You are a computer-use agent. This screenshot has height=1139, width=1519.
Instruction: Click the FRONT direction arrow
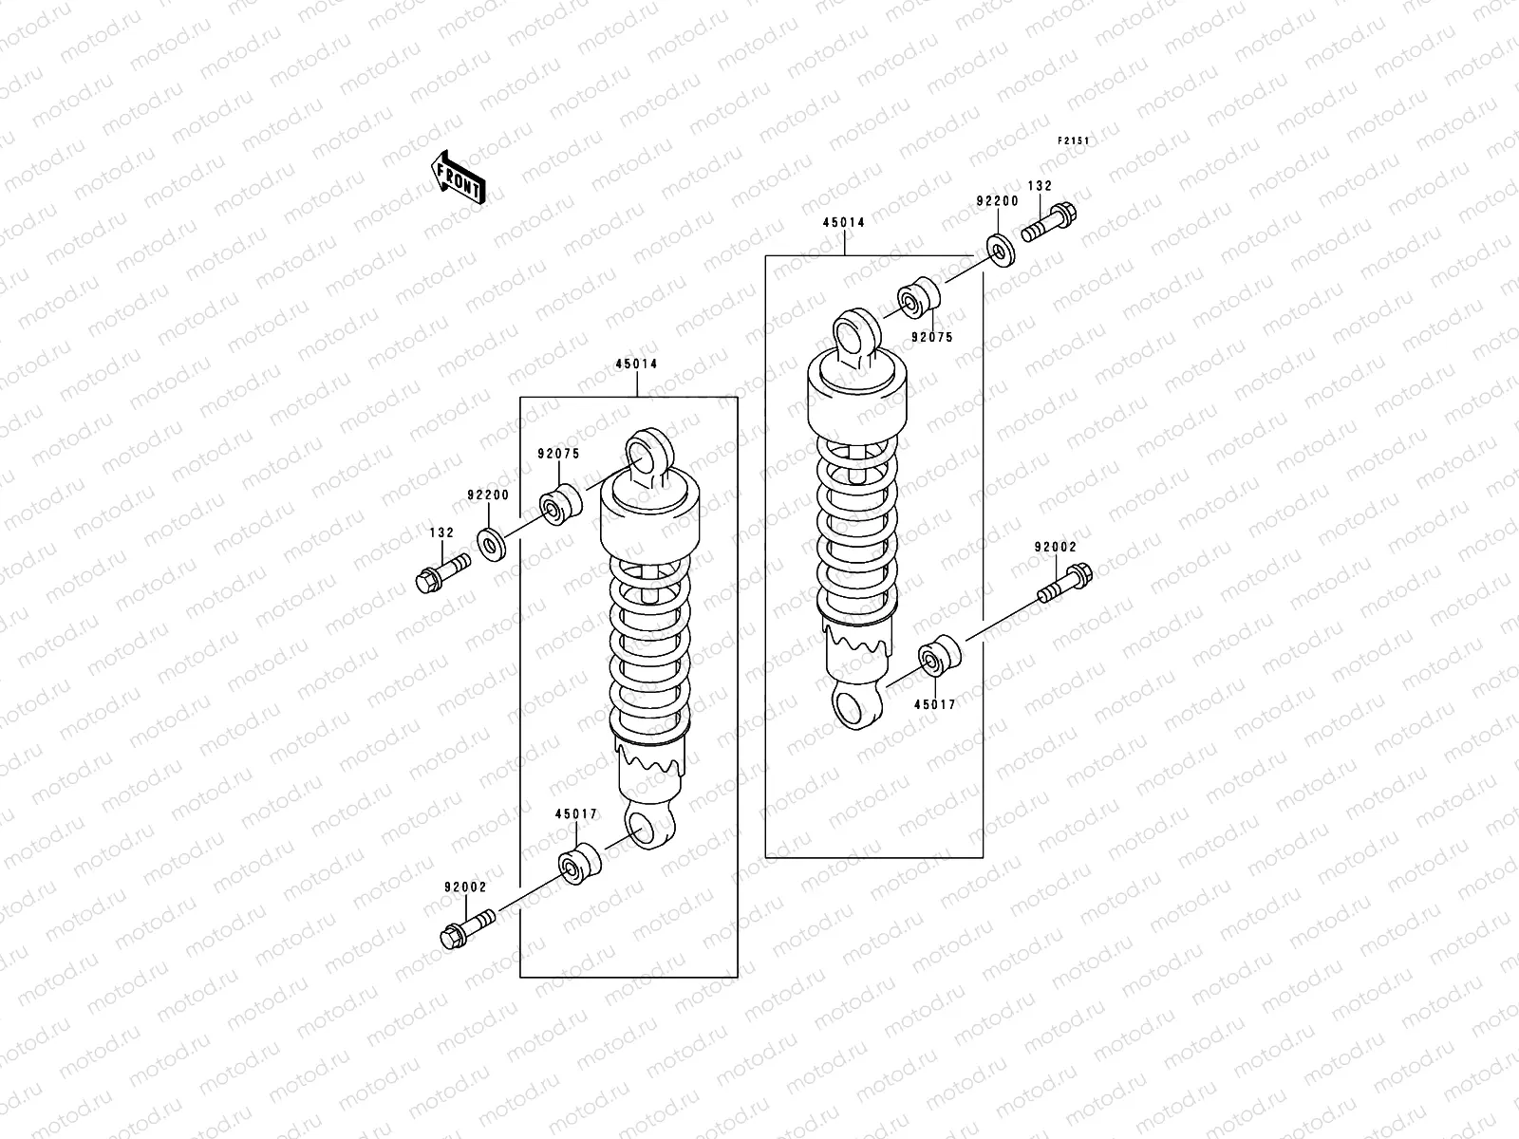click(x=459, y=177)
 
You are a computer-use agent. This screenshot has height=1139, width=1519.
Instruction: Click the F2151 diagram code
click(x=1073, y=141)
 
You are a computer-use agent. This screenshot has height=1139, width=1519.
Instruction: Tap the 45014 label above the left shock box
click(x=636, y=364)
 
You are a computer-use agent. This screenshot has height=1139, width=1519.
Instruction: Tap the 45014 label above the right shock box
click(x=843, y=223)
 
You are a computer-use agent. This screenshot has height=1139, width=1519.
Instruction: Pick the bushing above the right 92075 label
click(x=919, y=298)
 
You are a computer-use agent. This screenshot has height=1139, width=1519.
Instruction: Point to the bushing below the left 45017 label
click(x=578, y=862)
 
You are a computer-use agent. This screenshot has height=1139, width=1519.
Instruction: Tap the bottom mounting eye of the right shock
click(x=856, y=707)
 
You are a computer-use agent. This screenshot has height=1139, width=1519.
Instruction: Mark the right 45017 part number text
click(x=935, y=704)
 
